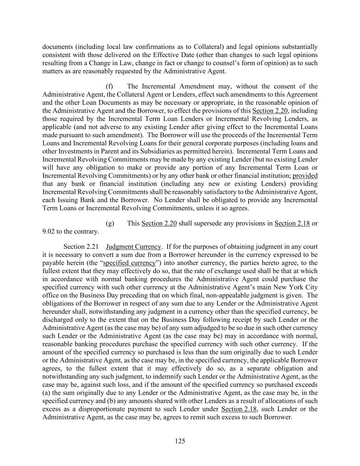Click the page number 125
[180, 441]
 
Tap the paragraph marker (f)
[110, 86]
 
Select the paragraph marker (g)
[110, 223]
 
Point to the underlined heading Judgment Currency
[133, 246]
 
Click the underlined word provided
[305, 176]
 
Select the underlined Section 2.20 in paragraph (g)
[159, 223]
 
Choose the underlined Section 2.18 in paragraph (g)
[292, 223]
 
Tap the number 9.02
[48, 231]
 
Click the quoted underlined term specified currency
[129, 263]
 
